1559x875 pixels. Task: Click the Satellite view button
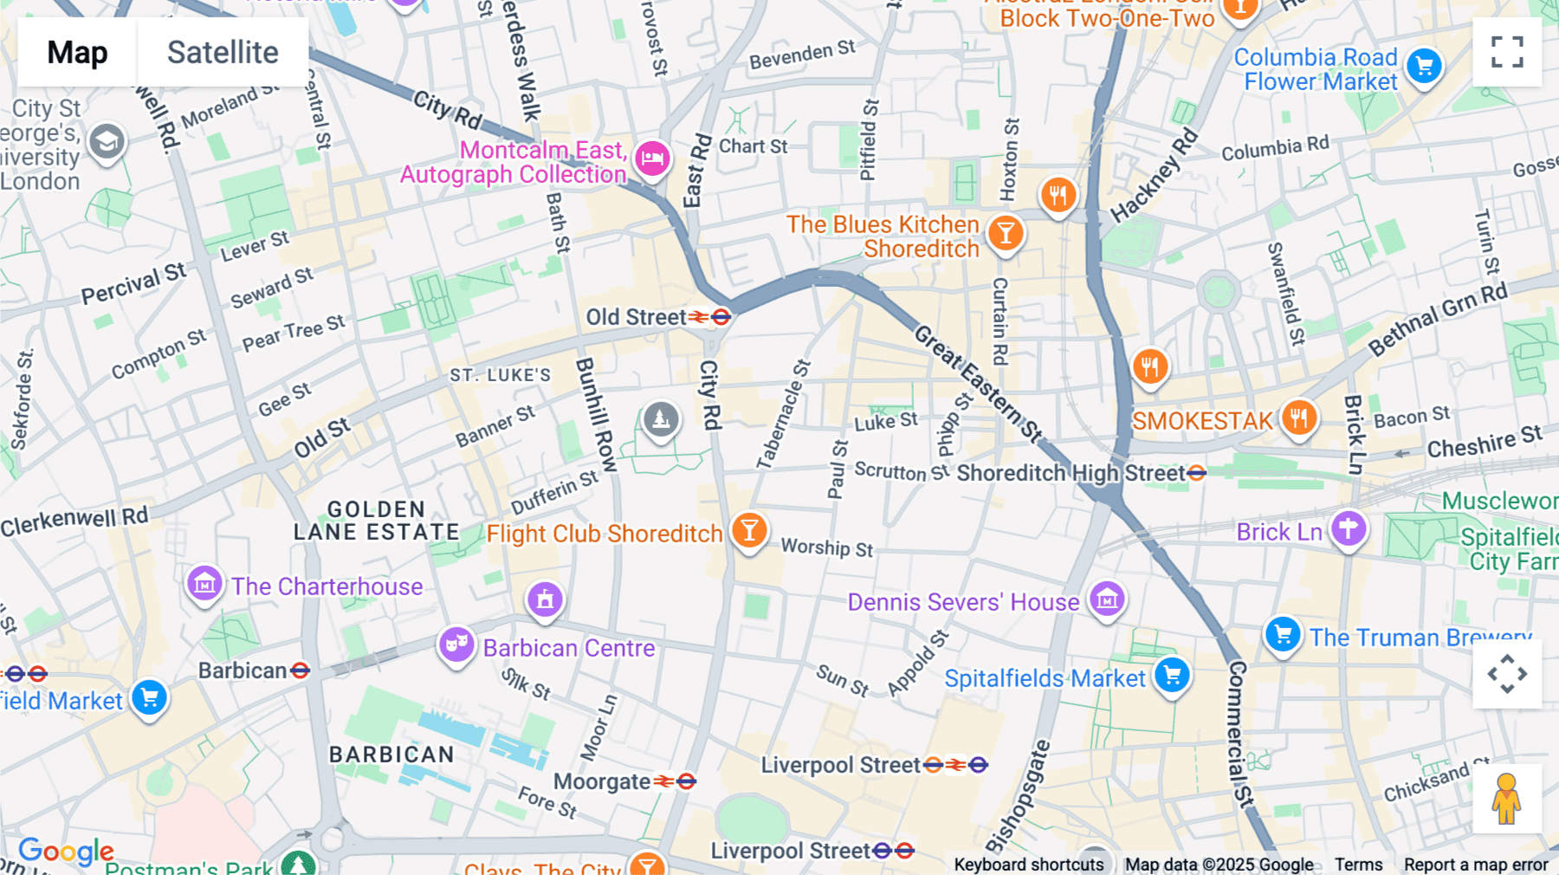(x=223, y=52)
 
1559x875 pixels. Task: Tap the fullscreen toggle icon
(x=1507, y=52)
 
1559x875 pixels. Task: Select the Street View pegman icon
(x=1507, y=799)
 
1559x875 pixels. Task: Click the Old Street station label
(x=637, y=317)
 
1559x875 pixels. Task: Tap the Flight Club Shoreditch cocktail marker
(x=749, y=529)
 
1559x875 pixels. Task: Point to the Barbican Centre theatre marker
(x=456, y=645)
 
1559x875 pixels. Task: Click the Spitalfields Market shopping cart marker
(x=1172, y=675)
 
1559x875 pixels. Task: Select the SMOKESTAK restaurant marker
(x=1298, y=418)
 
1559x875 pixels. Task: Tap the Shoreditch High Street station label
(x=1071, y=473)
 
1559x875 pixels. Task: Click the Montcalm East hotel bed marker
(x=652, y=159)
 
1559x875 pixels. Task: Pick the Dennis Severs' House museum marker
(x=1107, y=599)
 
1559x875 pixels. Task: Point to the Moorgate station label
(x=602, y=781)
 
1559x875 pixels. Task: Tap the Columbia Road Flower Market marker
(x=1424, y=66)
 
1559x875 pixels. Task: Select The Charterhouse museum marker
(x=204, y=584)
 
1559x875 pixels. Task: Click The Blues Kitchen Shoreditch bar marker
(x=1006, y=233)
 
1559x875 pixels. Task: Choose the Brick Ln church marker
(x=1349, y=528)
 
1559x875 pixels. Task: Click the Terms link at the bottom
(x=1358, y=865)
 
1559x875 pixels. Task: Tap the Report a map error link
(x=1476, y=865)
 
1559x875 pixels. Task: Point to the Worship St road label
(x=827, y=548)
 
